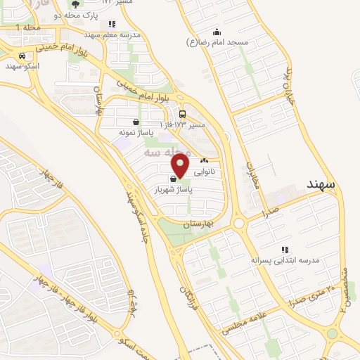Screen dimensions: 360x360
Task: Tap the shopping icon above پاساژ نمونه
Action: (135, 122)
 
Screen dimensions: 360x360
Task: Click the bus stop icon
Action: (183, 114)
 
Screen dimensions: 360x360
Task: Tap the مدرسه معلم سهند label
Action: (112, 34)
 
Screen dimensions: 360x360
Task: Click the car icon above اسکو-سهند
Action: (22, 56)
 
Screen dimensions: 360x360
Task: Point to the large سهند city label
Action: (324, 184)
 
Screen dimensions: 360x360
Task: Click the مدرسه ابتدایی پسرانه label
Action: (285, 259)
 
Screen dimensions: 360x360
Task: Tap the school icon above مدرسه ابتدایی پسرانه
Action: (285, 250)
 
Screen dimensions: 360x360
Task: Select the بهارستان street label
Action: (197, 224)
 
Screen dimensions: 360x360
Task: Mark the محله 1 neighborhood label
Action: (28, 27)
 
